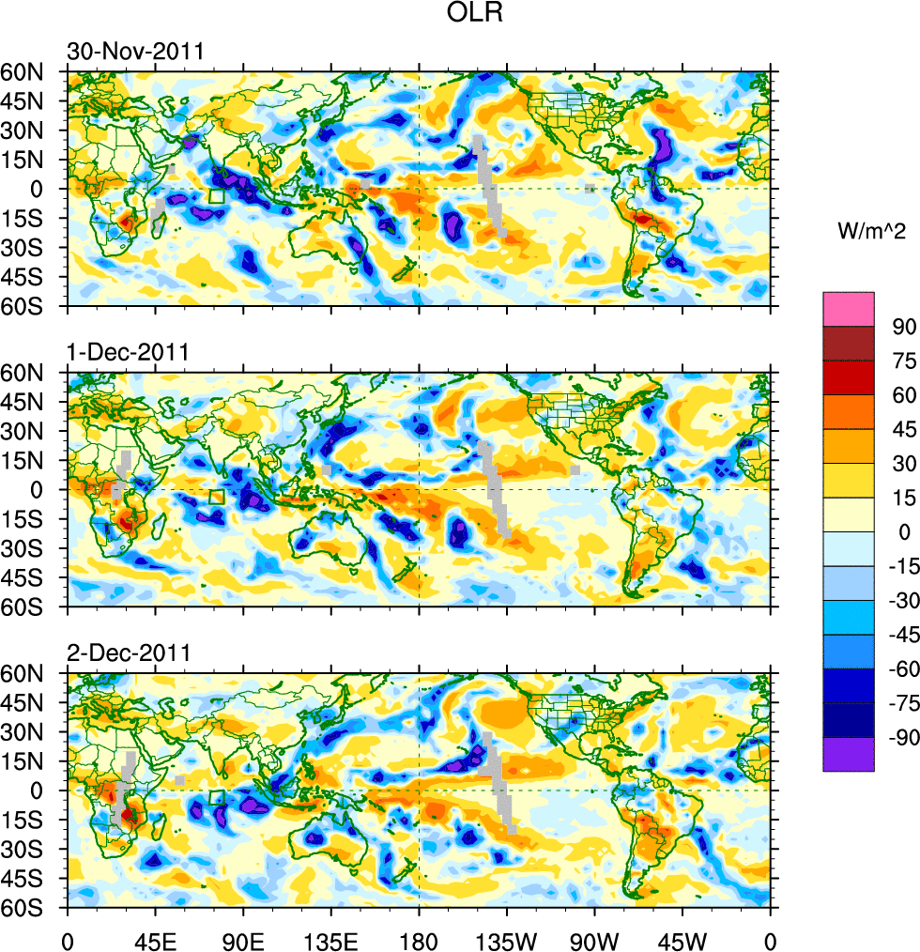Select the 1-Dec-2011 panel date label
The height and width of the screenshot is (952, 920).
(128, 353)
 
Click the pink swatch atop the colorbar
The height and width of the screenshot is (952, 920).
(849, 308)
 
